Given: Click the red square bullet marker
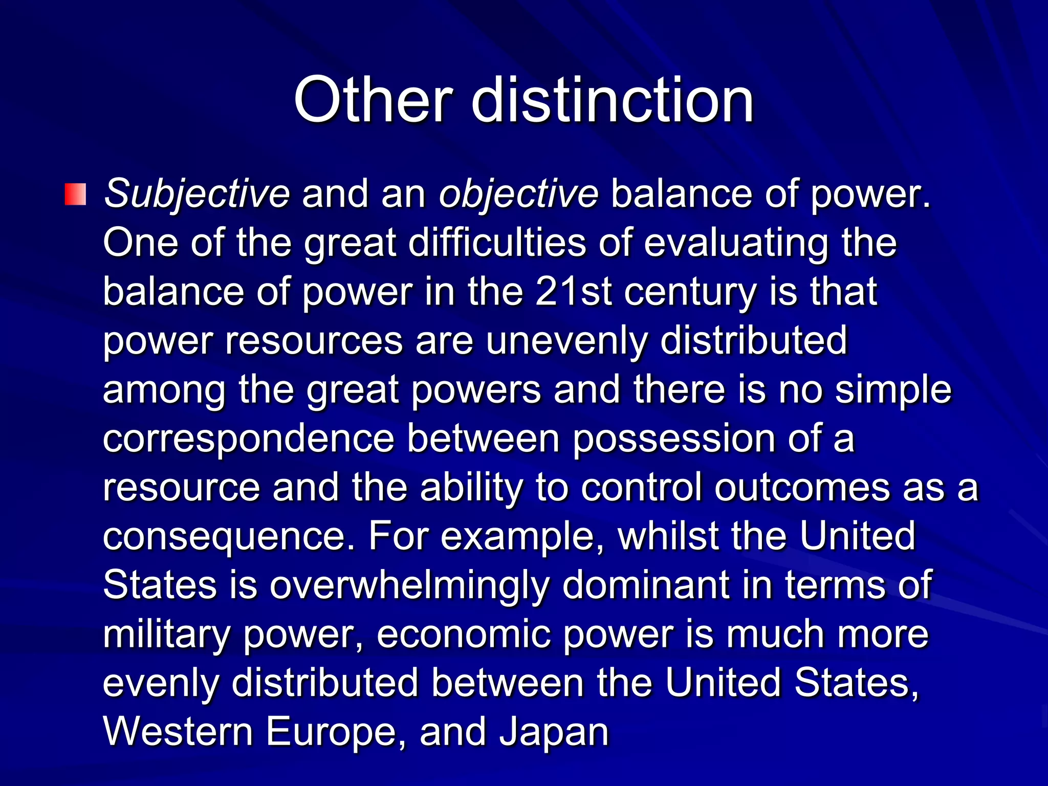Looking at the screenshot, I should coord(75,194).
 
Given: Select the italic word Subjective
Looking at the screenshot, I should coord(196,194).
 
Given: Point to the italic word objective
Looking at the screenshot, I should coord(518,194).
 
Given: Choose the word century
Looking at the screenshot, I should coord(690,293).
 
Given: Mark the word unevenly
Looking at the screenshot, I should coord(566,341).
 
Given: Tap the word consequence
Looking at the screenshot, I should coord(229,537).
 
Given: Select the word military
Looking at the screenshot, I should coord(167,635).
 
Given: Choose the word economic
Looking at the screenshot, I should coord(464,635).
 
